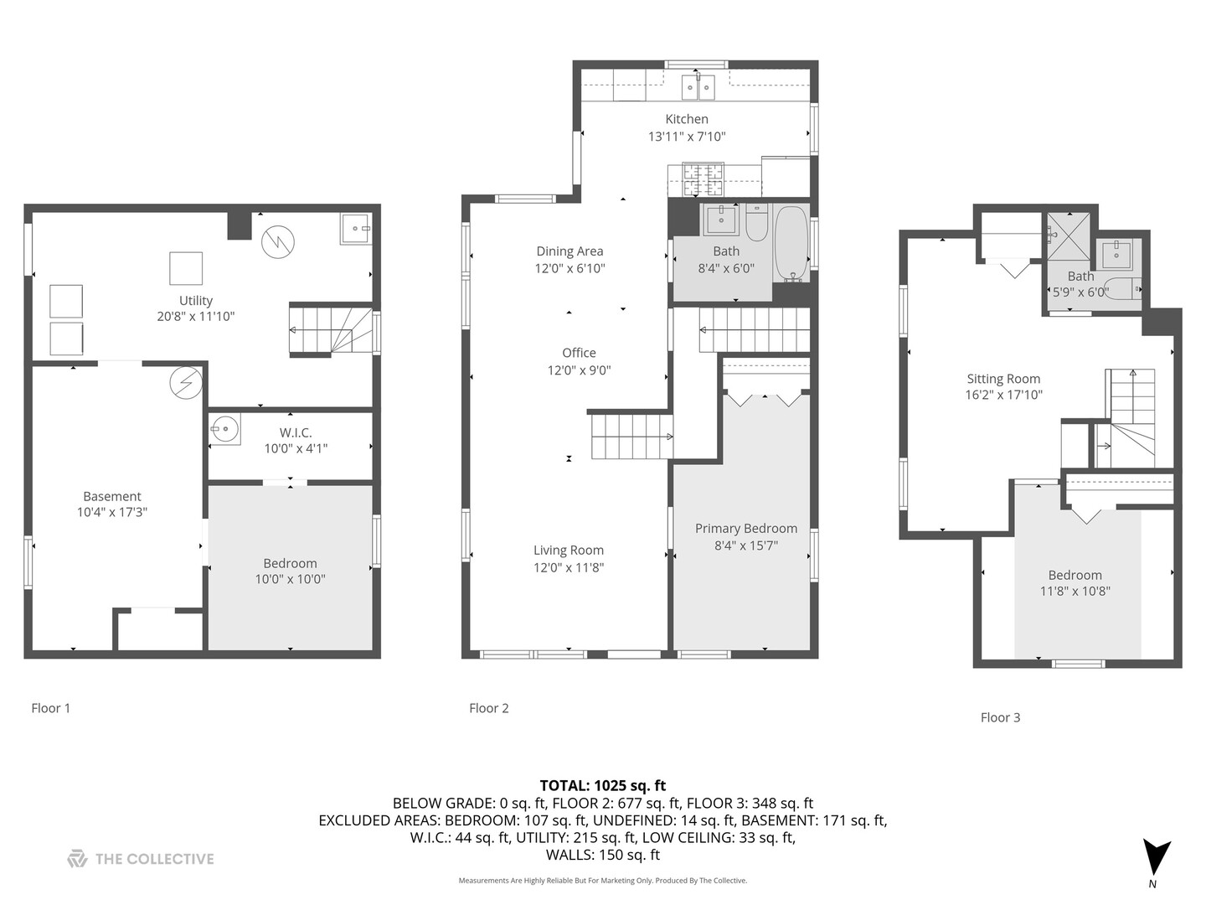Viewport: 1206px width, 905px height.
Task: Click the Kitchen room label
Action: (686, 119)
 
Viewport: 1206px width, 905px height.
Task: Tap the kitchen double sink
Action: (698, 88)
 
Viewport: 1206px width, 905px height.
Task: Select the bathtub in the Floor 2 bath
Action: (791, 244)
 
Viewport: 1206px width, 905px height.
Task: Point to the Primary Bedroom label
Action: (745, 528)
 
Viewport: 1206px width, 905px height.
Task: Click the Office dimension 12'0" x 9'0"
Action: (579, 370)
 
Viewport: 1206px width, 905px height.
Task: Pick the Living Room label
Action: (569, 550)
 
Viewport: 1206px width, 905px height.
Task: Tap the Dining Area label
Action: (569, 251)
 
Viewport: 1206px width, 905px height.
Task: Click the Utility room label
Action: (196, 301)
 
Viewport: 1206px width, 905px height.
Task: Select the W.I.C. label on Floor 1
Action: (296, 432)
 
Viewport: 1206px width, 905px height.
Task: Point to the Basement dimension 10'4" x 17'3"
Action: (112, 512)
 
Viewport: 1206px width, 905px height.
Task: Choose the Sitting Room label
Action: (1003, 379)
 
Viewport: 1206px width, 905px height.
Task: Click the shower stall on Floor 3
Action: (1068, 235)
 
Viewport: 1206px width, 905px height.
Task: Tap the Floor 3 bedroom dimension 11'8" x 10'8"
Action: (1075, 592)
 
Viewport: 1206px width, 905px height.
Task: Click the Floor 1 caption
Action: (50, 708)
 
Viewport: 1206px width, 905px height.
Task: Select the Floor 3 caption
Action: (1000, 717)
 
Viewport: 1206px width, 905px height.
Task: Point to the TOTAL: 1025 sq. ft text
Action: (603, 785)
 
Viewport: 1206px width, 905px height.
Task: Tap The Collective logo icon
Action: (77, 858)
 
